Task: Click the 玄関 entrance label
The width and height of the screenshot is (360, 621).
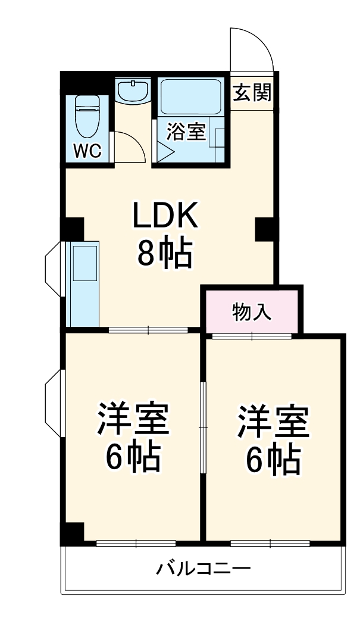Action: [252, 92]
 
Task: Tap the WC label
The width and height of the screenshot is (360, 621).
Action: [87, 151]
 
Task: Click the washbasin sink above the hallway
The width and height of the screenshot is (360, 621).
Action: [133, 92]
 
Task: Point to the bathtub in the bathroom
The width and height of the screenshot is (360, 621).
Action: [191, 96]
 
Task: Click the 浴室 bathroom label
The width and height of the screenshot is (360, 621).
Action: [186, 132]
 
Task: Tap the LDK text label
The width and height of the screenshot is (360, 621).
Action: [165, 217]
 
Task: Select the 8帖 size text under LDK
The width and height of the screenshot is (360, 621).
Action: [165, 254]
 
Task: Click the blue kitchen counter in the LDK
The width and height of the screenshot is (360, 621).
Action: [83, 283]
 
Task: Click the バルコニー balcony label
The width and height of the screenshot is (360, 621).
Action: [204, 568]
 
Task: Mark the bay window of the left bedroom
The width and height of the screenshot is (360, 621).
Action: [53, 402]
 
